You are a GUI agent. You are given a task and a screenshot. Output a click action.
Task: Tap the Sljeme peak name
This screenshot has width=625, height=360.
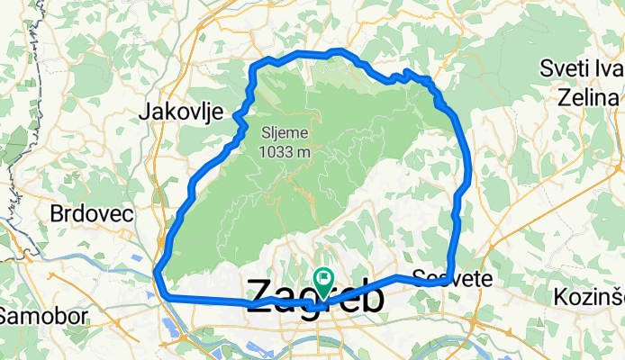[x=285, y=133]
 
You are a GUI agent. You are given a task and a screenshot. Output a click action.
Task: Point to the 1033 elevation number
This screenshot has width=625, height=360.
[x=276, y=152]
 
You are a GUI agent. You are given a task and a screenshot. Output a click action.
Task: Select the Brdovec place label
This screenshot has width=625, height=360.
[x=92, y=214]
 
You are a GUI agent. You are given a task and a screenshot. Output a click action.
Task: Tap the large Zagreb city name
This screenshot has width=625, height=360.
[x=314, y=297]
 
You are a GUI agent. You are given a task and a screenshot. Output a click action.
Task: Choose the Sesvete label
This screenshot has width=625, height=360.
[x=452, y=278]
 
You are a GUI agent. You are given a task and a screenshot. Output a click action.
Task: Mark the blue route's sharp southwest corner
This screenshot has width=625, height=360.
[x=158, y=274]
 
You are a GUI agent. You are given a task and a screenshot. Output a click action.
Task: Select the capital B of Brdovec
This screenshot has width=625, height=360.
[x=57, y=214]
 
